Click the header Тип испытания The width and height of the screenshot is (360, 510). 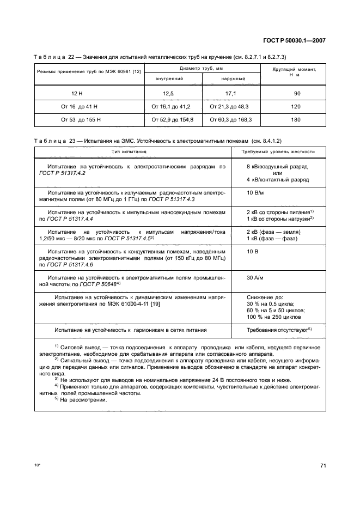pos(129,152)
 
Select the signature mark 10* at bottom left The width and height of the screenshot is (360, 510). pos(37,466)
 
